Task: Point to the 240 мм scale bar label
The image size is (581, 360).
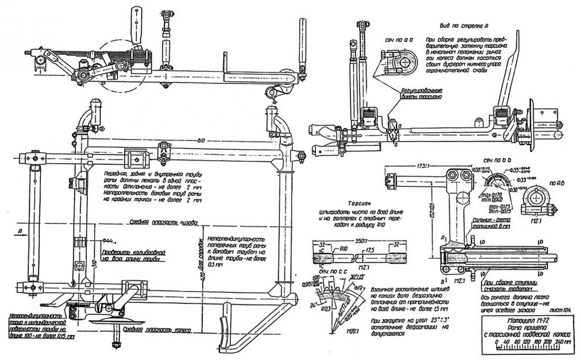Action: point(563,343)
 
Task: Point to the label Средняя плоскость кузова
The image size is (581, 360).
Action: point(164,222)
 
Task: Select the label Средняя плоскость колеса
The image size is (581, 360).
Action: point(157,330)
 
